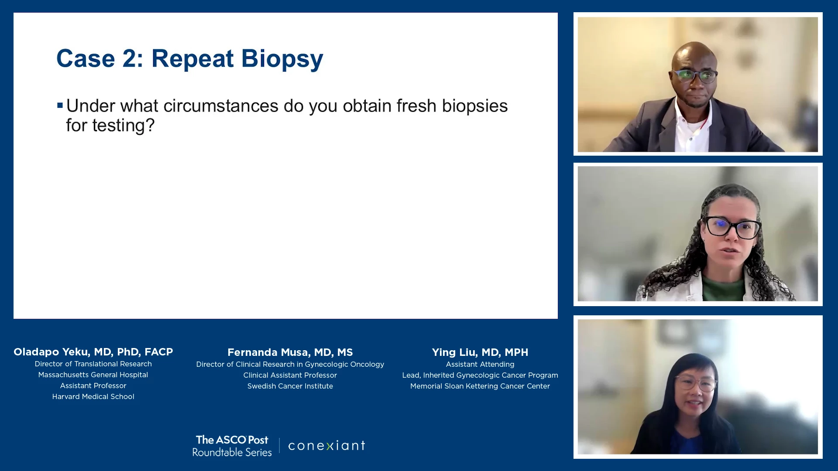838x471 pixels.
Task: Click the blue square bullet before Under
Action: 60,105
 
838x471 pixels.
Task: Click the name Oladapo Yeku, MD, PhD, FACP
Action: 93,352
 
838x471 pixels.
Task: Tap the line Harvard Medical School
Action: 93,396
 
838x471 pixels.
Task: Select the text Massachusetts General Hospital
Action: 93,375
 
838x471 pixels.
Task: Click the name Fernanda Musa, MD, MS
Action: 290,352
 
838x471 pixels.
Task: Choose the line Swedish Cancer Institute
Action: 290,386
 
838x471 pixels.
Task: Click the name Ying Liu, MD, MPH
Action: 480,352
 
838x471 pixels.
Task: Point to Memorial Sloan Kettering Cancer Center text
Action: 480,386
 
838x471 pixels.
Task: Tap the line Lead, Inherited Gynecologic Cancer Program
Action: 480,375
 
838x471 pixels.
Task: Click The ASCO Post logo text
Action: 232,440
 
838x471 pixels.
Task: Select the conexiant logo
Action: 327,445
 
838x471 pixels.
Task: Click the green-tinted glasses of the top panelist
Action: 695,76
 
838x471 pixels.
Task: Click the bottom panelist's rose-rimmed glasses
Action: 696,384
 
